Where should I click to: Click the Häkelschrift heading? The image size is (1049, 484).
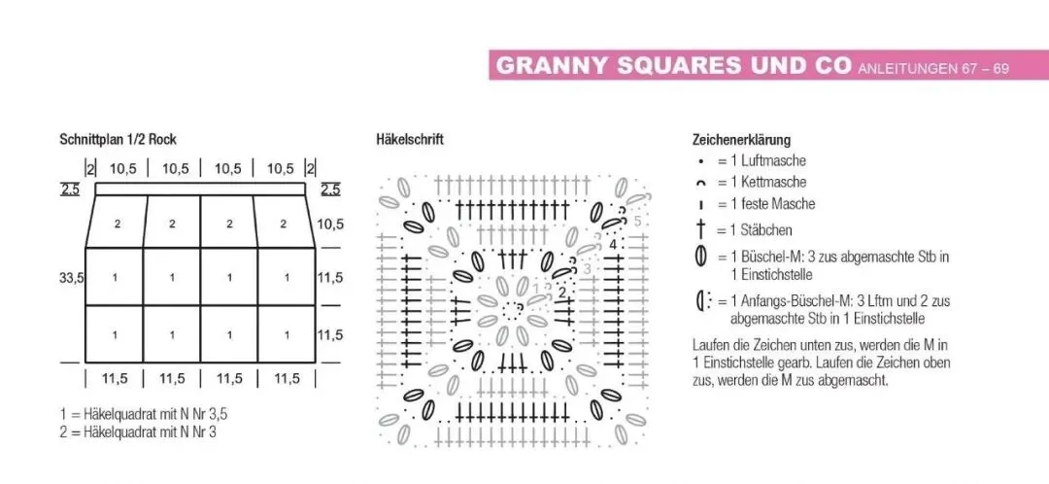coord(410,140)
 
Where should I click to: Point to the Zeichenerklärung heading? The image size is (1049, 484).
coord(741,140)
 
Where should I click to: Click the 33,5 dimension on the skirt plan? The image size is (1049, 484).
coord(72,278)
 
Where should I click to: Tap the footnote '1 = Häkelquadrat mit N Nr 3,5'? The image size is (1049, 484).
coord(144,414)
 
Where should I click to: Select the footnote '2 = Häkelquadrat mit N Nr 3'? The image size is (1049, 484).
coord(138,432)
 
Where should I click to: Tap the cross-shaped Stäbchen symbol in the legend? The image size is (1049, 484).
coord(699,230)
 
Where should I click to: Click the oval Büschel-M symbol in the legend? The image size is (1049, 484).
coord(699,258)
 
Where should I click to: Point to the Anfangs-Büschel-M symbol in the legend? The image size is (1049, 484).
coord(701,301)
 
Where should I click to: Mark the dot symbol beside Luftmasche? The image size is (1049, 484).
coord(699,160)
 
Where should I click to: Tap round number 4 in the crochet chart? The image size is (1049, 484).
coord(613,245)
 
